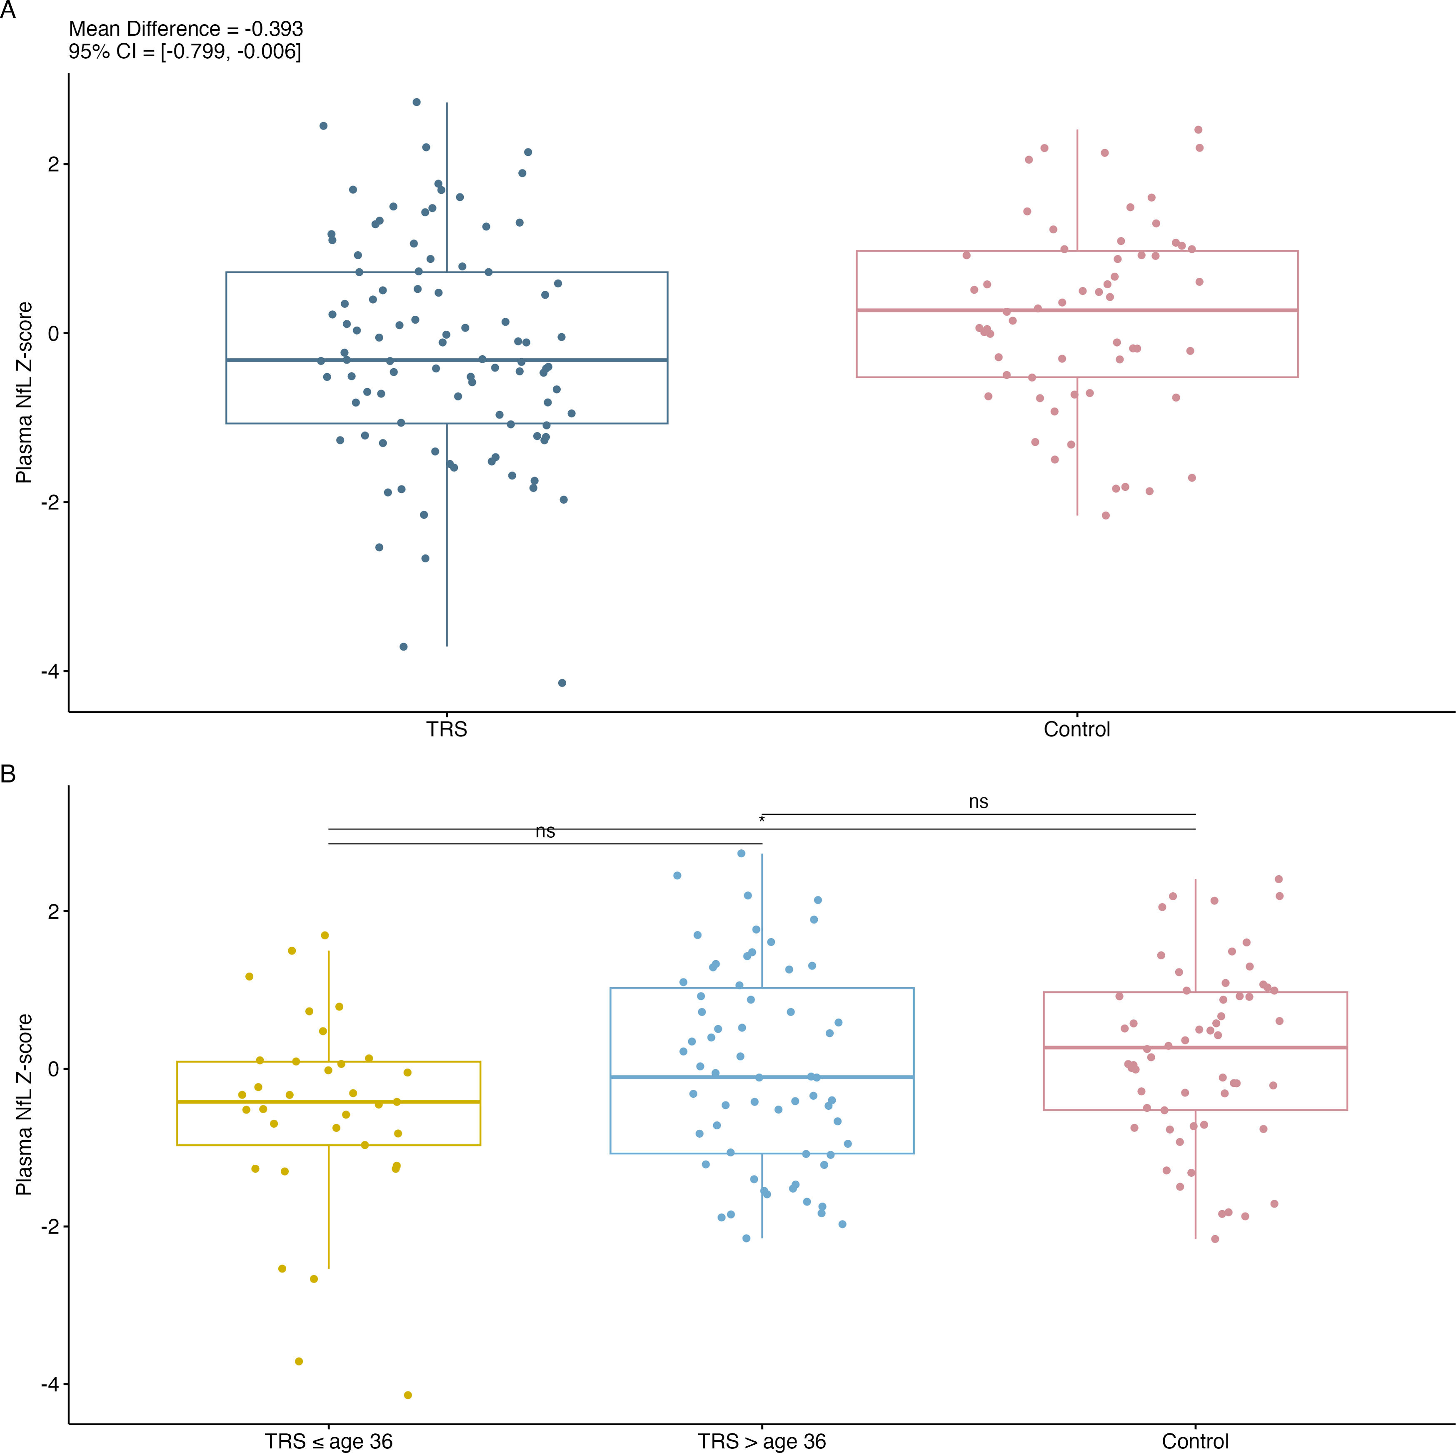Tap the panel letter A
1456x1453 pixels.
point(8,10)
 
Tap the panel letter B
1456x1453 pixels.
point(8,774)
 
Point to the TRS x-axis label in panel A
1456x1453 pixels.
point(447,729)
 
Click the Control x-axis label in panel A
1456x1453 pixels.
point(1077,729)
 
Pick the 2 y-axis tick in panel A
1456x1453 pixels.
point(53,164)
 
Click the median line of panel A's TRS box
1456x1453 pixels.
point(447,360)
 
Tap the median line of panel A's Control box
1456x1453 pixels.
point(1077,310)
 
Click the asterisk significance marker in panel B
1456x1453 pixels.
point(762,819)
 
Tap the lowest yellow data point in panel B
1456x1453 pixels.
point(408,1395)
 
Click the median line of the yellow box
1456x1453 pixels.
point(329,1102)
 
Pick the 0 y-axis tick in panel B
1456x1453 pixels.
point(53,1069)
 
